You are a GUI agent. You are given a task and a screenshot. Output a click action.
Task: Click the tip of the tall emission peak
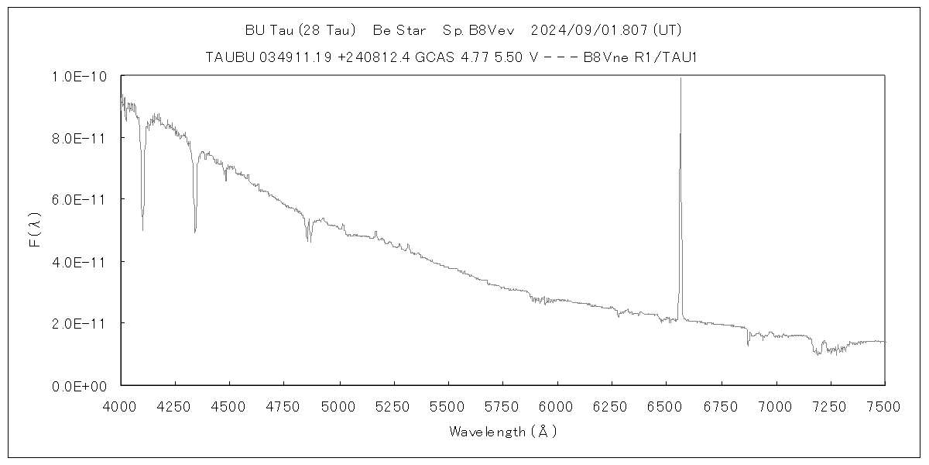point(680,78)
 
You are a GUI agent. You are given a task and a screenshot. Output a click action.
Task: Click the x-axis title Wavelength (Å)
point(502,432)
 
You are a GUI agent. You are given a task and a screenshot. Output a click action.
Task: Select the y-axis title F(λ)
point(36,230)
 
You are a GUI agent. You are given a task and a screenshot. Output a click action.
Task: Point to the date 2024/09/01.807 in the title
point(590,31)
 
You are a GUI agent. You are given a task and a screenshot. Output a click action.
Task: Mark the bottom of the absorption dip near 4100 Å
point(142,229)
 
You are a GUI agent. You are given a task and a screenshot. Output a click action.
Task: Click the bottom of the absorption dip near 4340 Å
point(195,231)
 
